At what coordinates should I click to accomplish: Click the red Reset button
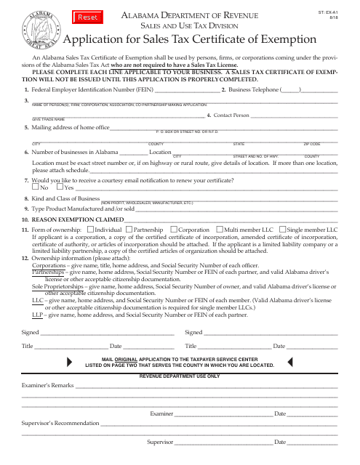(x=67, y=15)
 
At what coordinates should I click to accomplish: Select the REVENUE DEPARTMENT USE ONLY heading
(x=179, y=376)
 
